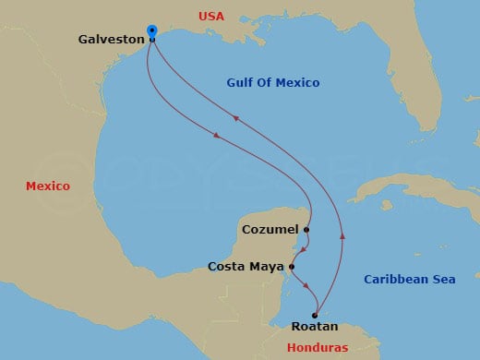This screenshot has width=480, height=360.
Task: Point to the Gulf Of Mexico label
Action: coord(273,84)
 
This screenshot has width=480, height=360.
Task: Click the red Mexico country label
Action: coord(48,186)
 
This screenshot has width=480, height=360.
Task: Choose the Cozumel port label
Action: coord(269,229)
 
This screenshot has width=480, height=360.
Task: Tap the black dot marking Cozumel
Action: coord(306,229)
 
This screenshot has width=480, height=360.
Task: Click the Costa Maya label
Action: coord(246,267)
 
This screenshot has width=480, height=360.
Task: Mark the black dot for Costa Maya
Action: coord(292,267)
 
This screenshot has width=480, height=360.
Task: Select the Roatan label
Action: coord(315,327)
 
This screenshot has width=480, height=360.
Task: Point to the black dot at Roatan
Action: coord(315,315)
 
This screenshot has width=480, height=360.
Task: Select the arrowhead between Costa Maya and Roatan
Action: coord(305,287)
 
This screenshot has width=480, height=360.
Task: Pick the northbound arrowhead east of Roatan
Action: coord(343,236)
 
